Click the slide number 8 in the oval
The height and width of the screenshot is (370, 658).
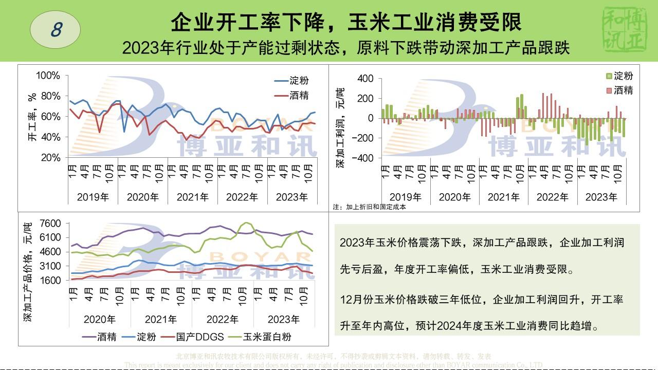click(56, 30)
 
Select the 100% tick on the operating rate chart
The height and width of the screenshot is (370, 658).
click(48, 76)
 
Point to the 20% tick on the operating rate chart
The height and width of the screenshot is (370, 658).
click(50, 157)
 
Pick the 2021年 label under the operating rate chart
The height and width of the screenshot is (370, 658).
click(193, 197)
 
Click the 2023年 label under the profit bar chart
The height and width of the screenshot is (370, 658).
click(601, 197)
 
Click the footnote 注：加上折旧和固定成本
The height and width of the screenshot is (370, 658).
click(369, 207)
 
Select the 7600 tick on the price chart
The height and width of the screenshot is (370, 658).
click(50, 223)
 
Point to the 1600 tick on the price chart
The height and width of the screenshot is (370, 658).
click(50, 280)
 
